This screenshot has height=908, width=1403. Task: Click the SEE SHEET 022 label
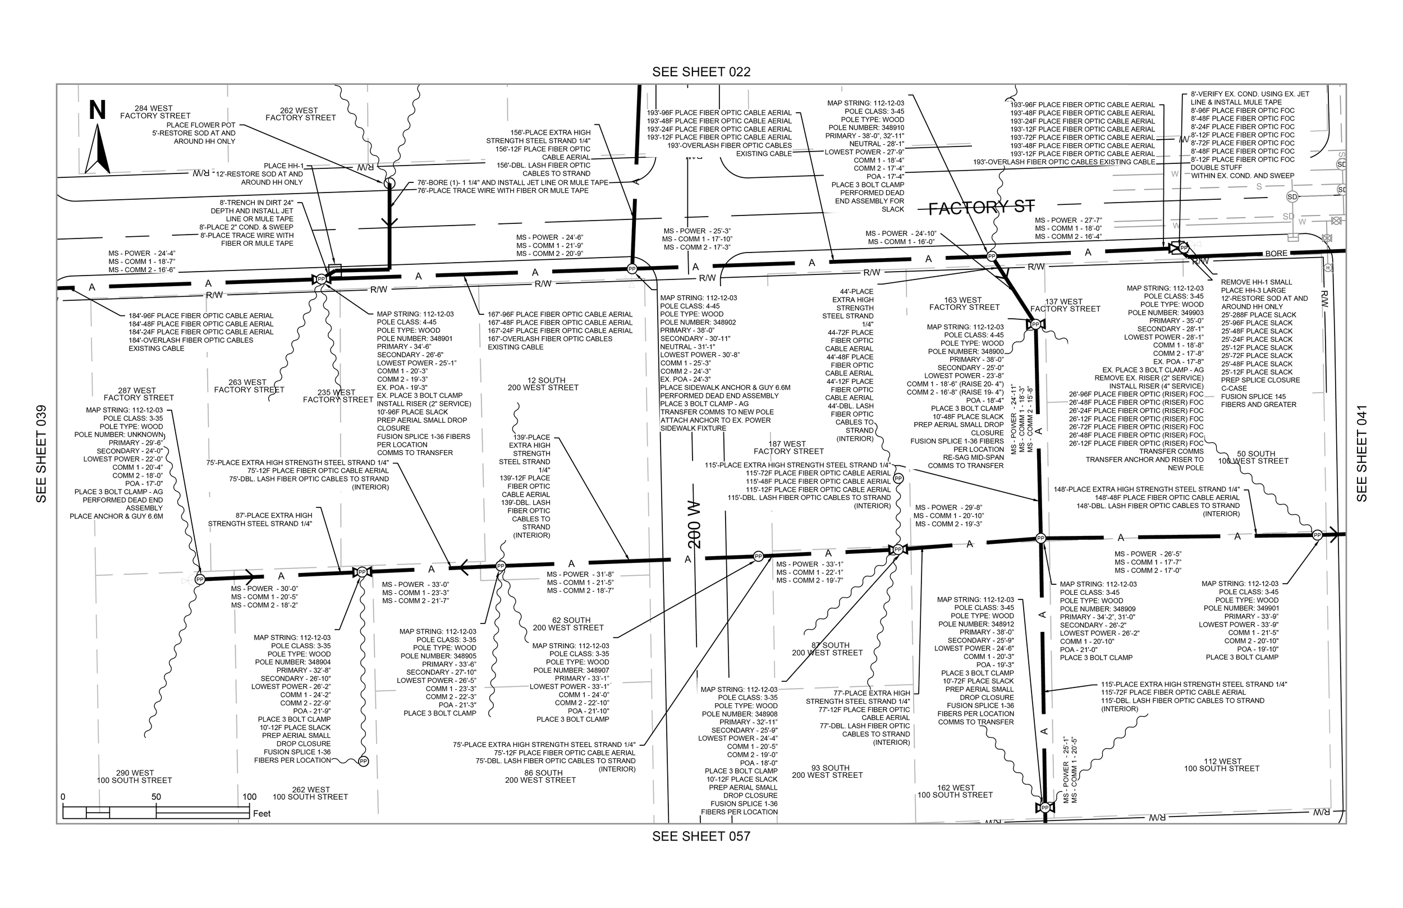pos(701,72)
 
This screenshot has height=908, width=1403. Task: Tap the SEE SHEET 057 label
pos(701,836)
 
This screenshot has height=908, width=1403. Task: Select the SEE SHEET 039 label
pos(42,453)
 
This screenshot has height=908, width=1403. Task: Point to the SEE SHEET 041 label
pos(1361,453)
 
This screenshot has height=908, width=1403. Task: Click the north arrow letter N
pos(97,110)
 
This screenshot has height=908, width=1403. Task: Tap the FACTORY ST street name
pos(982,207)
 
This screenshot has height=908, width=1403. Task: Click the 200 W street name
pos(694,525)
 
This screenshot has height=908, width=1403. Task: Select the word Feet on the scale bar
pos(262,814)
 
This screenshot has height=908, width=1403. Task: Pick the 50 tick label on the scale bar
pos(155,796)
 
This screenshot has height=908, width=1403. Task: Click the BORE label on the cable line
pos(1276,254)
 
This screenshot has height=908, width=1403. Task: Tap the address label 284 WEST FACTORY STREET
pos(154,112)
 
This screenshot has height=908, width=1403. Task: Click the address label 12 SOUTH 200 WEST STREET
pos(543,384)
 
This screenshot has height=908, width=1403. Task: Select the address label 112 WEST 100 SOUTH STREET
pos(1221,765)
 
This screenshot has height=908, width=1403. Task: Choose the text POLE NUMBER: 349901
pos(1241,608)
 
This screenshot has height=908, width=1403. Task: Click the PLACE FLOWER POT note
pos(200,125)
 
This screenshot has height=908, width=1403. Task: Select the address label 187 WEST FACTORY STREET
pos(788,447)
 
